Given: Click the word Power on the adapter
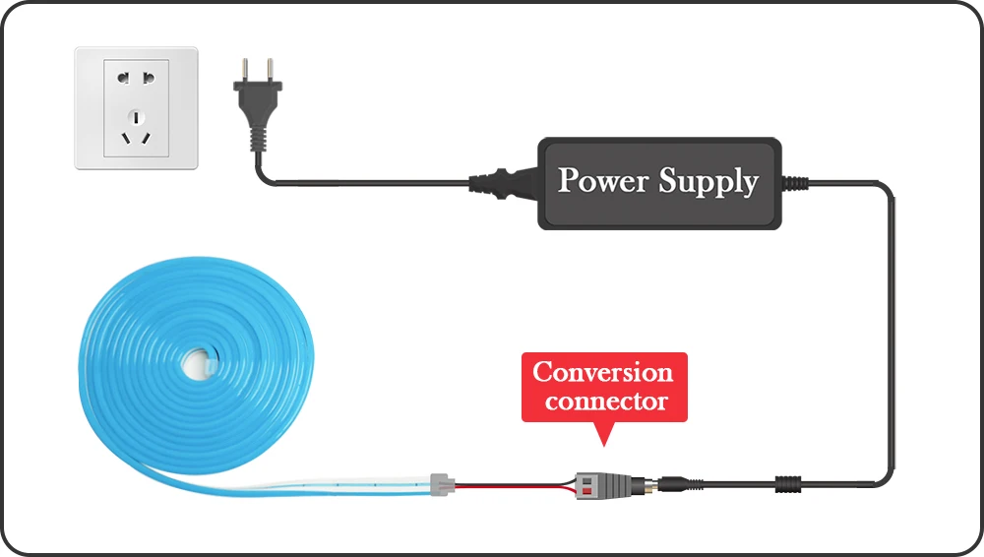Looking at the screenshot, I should coord(601,181).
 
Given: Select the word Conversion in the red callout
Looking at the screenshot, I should coord(602,372).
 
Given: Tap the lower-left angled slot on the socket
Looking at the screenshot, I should coord(125,137).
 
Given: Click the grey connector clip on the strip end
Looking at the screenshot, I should coord(443,483).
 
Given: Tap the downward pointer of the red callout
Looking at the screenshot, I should coord(602,434).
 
